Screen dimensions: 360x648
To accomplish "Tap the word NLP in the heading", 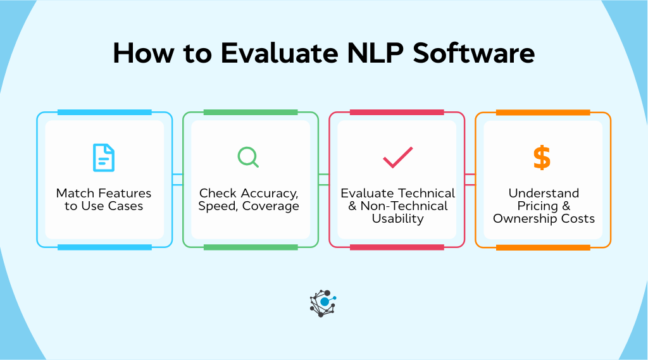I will tap(375, 53).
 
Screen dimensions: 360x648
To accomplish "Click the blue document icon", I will tap(104, 158).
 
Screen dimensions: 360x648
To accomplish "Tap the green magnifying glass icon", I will tap(248, 157).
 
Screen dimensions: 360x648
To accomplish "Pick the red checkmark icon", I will tap(397, 158).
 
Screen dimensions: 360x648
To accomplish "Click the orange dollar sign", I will tap(542, 158).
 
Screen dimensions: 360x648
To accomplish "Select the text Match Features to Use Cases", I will tap(104, 200).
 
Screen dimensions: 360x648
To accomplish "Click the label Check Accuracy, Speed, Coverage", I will tap(249, 200).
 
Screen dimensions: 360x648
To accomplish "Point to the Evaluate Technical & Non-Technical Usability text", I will tap(397, 206).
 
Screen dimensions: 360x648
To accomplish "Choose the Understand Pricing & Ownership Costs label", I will tap(544, 206).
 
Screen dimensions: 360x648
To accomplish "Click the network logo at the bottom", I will tap(323, 303).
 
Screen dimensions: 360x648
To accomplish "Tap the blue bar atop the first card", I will tap(104, 113).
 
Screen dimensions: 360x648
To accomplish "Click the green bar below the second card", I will tap(251, 247).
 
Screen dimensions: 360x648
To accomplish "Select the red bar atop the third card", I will tap(397, 113).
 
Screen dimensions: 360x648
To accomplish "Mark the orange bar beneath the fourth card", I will tap(543, 247).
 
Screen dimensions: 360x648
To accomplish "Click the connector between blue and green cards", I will tap(178, 179).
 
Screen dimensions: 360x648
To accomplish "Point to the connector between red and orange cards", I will tap(470, 179).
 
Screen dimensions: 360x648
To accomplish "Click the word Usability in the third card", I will tap(397, 219).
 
